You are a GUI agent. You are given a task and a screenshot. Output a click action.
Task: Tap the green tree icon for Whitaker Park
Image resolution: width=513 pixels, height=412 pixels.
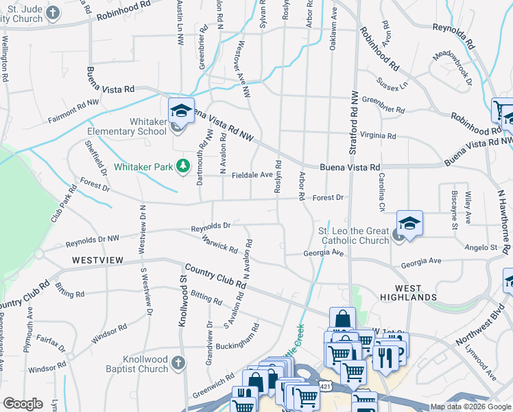click(x=182, y=166)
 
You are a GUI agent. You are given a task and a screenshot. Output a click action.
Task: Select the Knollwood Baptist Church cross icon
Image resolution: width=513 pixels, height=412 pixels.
click(x=177, y=363)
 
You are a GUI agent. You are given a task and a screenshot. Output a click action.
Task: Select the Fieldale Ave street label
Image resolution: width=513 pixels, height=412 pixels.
click(x=252, y=175)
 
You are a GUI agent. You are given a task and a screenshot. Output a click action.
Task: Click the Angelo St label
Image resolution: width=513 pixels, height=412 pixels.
click(x=481, y=247)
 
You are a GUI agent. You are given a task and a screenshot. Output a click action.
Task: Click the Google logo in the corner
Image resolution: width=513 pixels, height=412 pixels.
click(x=23, y=404)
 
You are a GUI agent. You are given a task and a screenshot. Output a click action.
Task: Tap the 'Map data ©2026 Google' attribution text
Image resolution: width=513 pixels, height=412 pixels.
click(x=470, y=407)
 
